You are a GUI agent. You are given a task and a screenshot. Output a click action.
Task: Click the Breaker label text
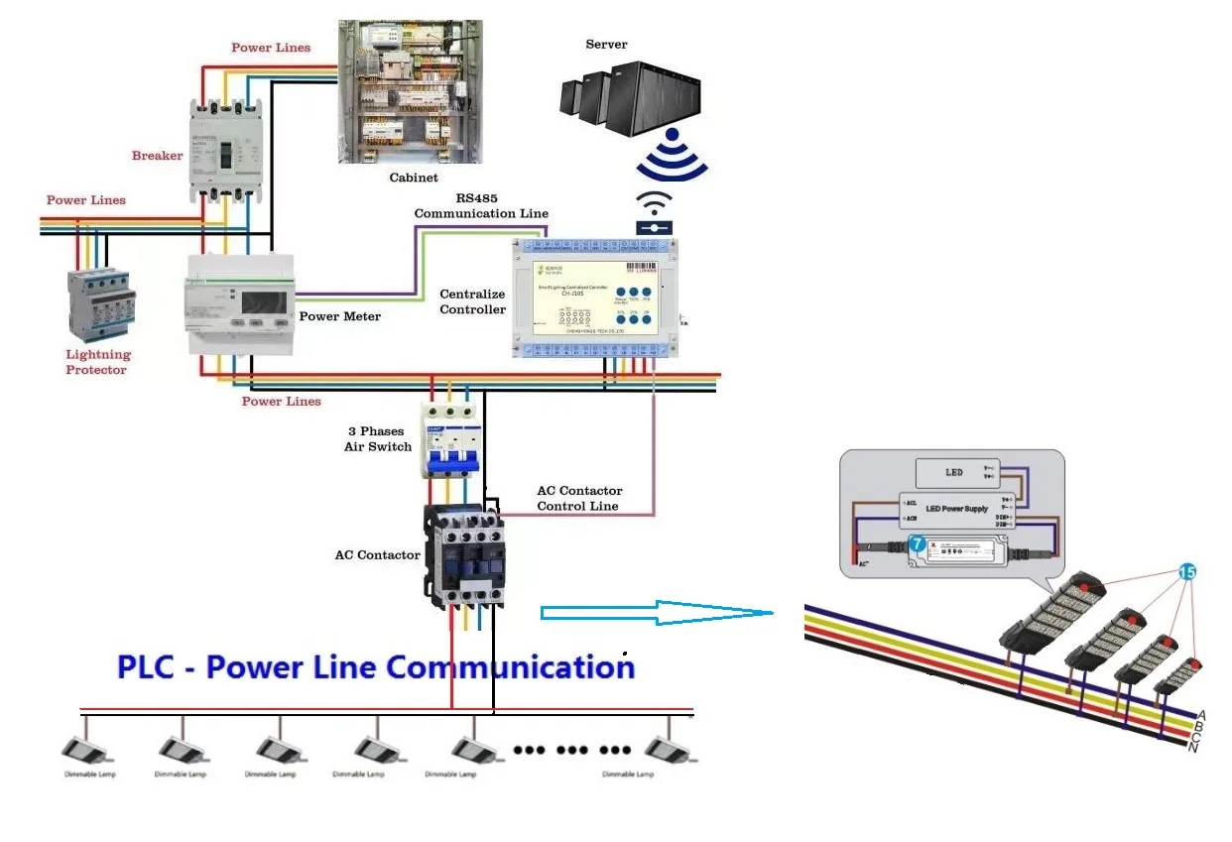(158, 156)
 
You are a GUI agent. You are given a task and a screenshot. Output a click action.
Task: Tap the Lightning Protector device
(99, 305)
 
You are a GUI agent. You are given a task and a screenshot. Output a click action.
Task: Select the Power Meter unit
(240, 304)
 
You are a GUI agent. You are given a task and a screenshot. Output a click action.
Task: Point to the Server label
(606, 45)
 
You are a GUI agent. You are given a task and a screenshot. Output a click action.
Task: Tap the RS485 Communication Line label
(481, 206)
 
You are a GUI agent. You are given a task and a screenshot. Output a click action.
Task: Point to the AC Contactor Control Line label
(579, 498)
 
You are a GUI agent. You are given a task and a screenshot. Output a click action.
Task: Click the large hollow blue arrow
(656, 613)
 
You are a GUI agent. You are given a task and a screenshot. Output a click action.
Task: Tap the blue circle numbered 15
(1187, 571)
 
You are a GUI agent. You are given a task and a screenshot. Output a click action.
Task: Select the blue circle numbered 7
(917, 544)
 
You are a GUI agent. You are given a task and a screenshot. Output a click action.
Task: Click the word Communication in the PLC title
(511, 667)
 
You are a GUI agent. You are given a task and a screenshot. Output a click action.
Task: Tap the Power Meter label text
(340, 317)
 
